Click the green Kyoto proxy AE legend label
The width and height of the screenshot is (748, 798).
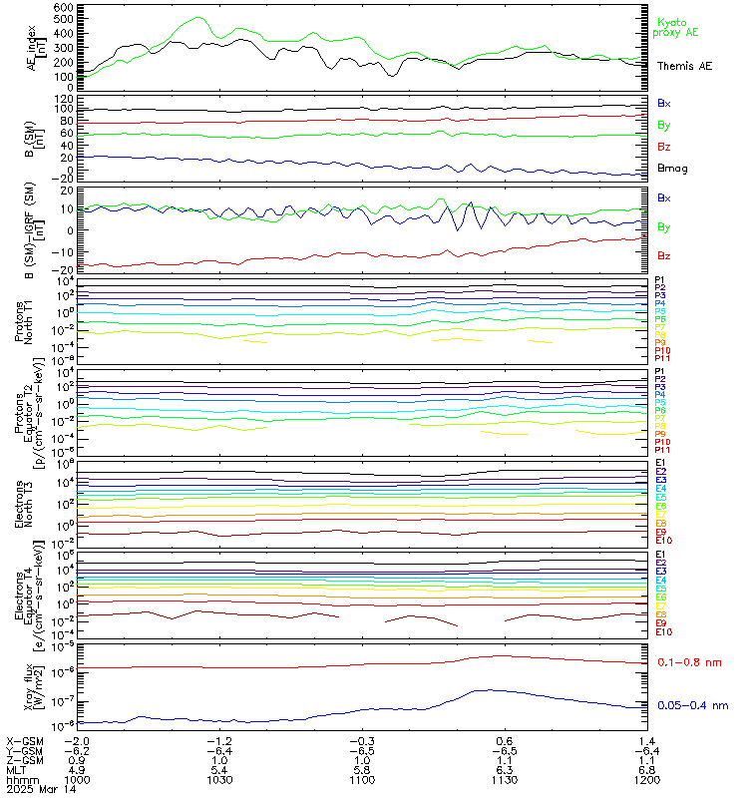click(670, 27)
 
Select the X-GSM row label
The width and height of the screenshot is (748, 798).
click(23, 741)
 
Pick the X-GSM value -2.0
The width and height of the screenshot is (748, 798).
click(77, 741)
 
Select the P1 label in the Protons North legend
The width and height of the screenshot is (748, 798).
click(660, 280)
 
